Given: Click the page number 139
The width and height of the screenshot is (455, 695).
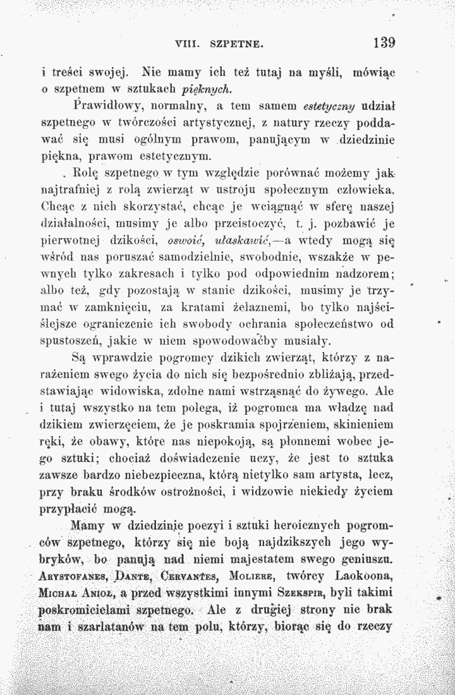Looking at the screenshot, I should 384,44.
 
